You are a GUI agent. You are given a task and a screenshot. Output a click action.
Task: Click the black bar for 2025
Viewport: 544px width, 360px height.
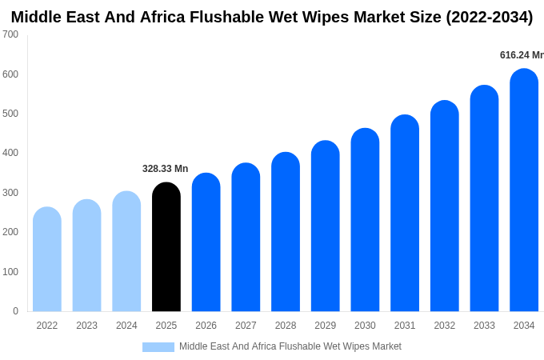[166, 248]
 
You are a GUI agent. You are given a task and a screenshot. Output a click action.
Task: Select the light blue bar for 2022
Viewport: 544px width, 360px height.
[47, 260]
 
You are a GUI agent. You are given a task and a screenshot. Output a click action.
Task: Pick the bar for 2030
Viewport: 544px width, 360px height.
[365, 220]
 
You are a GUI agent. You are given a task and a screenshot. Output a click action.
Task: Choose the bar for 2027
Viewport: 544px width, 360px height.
[246, 238]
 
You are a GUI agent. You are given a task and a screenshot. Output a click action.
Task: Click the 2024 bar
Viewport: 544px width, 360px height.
[126, 252]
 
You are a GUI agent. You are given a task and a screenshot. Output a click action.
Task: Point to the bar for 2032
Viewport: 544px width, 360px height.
[445, 206]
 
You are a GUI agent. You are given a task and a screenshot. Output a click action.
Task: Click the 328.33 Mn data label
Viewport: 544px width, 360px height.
[165, 169]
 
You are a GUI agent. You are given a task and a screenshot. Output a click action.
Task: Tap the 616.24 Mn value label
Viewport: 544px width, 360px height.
[521, 55]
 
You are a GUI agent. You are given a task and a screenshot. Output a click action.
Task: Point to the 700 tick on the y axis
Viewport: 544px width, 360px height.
[10, 34]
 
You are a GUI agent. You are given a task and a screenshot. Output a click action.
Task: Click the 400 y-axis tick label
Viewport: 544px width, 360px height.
[10, 153]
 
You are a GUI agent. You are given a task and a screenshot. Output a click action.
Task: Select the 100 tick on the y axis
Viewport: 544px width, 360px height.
[10, 272]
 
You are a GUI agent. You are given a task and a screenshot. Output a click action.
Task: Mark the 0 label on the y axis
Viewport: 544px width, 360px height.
[15, 311]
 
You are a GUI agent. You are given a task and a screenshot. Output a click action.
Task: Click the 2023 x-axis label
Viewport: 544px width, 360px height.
[86, 326]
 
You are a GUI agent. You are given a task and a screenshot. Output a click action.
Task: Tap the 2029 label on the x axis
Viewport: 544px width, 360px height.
[325, 326]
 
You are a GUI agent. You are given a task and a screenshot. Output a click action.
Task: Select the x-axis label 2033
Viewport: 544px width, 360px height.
[484, 326]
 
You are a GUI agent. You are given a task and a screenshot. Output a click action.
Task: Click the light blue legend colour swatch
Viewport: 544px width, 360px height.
[158, 347]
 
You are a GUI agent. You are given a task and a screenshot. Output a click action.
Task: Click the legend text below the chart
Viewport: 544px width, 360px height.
[290, 346]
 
